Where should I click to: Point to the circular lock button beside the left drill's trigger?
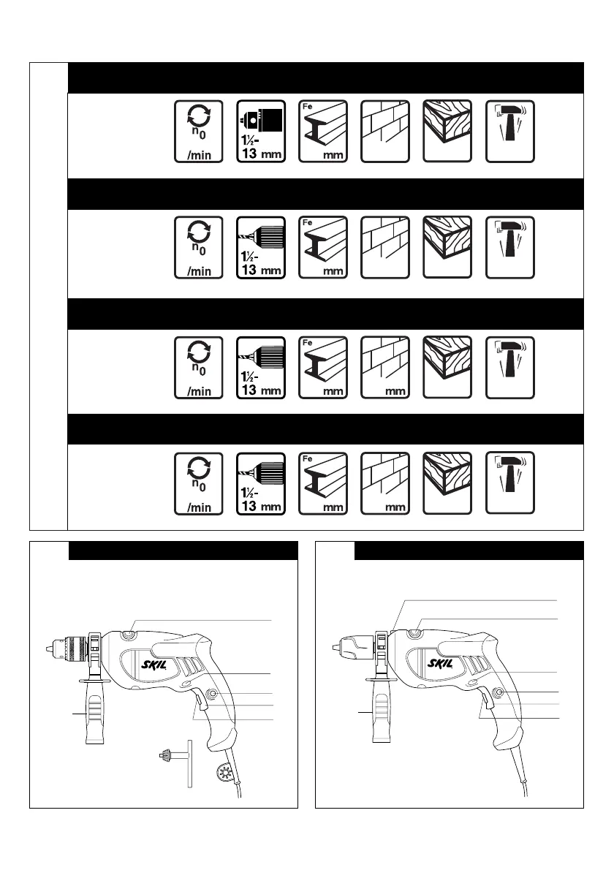point(213,694)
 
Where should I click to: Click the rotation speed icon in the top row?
point(198,132)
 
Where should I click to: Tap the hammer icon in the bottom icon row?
point(510,483)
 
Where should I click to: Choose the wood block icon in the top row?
point(447,132)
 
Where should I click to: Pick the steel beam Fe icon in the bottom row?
point(323,483)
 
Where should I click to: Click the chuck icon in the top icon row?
point(261,132)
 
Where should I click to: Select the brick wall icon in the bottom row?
point(385,483)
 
